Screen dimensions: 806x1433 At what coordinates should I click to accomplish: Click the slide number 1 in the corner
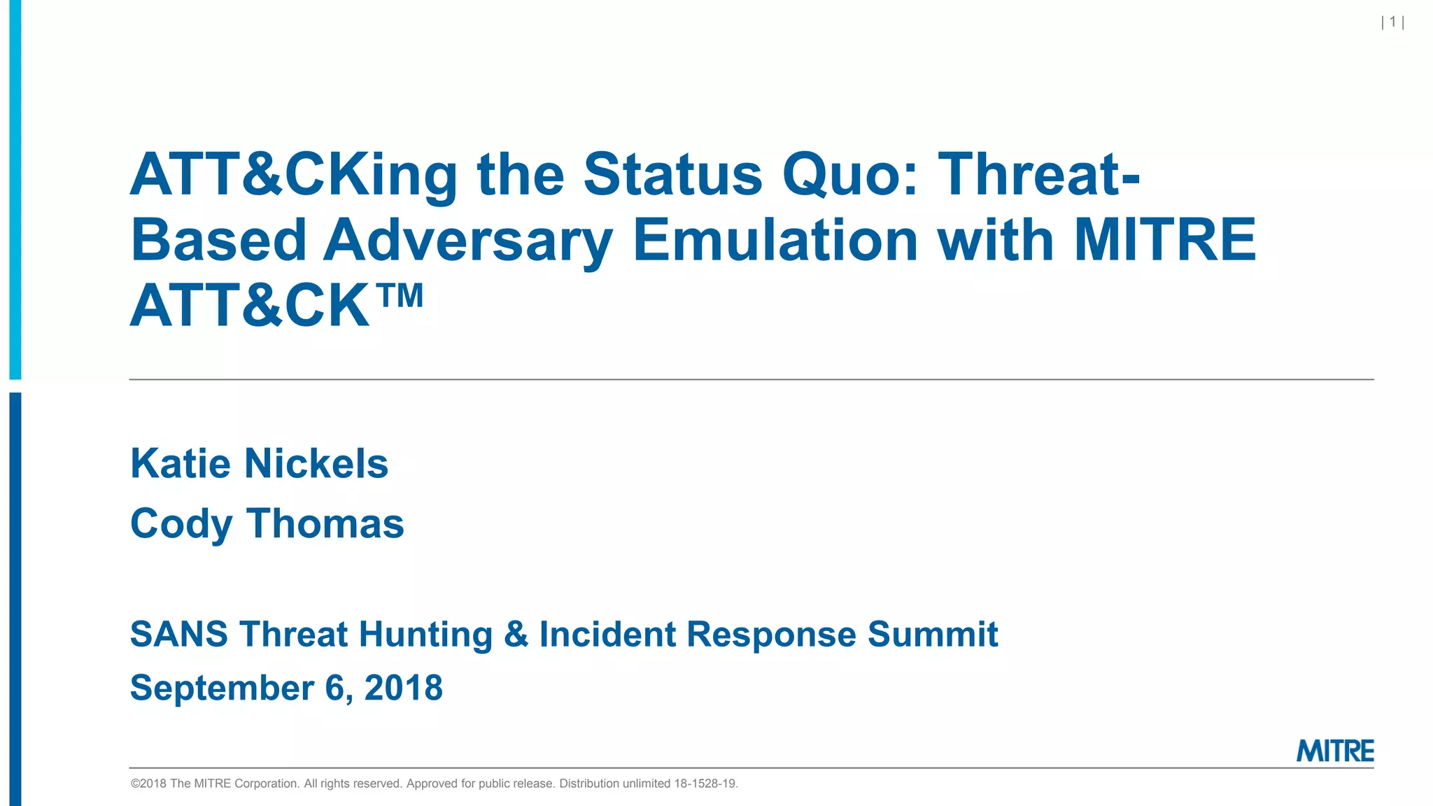click(x=1392, y=22)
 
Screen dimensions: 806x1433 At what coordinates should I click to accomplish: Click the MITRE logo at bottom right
click(x=1335, y=751)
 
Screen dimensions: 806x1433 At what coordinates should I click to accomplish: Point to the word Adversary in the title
click(x=467, y=241)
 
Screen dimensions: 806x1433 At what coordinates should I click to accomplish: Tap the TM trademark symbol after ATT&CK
click(x=402, y=296)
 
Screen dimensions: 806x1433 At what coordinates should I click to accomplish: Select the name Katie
click(x=181, y=464)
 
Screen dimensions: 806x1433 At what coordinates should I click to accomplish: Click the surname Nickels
click(x=316, y=464)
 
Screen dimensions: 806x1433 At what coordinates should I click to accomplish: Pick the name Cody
click(x=181, y=524)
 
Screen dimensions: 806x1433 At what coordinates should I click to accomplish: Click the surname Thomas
click(x=325, y=523)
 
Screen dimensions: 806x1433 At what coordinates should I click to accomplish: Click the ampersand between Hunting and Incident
click(x=516, y=634)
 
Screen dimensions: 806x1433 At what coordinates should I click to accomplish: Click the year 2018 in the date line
click(x=403, y=687)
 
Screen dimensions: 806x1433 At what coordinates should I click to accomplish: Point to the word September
click(x=222, y=688)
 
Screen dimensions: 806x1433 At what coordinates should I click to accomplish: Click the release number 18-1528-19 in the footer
click(x=705, y=784)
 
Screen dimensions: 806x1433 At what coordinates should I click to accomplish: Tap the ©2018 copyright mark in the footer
click(x=148, y=784)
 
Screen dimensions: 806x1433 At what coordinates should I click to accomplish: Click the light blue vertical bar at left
click(x=15, y=189)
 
